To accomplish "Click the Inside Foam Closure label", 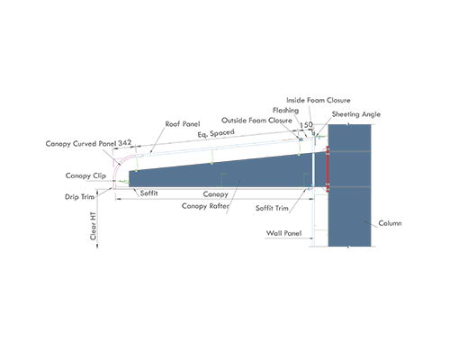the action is [x=319, y=100].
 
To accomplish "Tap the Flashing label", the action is [x=285, y=111].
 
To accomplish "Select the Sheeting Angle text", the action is [x=356, y=114].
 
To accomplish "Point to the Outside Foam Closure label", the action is [x=256, y=121].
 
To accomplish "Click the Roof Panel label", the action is [x=183, y=124].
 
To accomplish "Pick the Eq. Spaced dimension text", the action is [x=216, y=133].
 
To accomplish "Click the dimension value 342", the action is [x=125, y=143].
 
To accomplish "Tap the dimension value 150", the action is [x=306, y=124].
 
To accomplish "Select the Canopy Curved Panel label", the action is [x=81, y=144].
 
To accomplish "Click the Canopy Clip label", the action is [x=85, y=175].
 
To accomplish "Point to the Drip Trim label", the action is [x=79, y=197].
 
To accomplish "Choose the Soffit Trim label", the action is [x=272, y=208].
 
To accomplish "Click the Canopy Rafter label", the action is [x=205, y=206].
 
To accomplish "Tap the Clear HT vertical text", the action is [x=94, y=226].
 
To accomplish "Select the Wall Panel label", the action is [x=283, y=233].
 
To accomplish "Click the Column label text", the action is [x=390, y=223].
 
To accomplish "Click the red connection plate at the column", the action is [x=328, y=169].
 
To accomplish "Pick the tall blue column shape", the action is [x=349, y=185].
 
